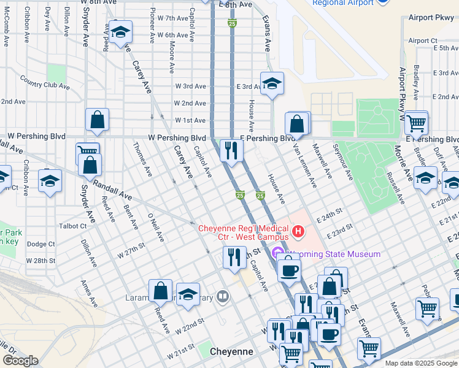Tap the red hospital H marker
[298, 231]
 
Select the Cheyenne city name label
[231, 351]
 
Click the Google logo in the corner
[20, 361]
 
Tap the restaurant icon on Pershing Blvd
[231, 150]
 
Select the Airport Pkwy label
[433, 18]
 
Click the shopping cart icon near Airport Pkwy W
[417, 123]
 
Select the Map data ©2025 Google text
[421, 363]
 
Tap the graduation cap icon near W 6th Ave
[121, 33]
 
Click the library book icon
[223, 298]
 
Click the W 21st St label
[181, 347]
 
